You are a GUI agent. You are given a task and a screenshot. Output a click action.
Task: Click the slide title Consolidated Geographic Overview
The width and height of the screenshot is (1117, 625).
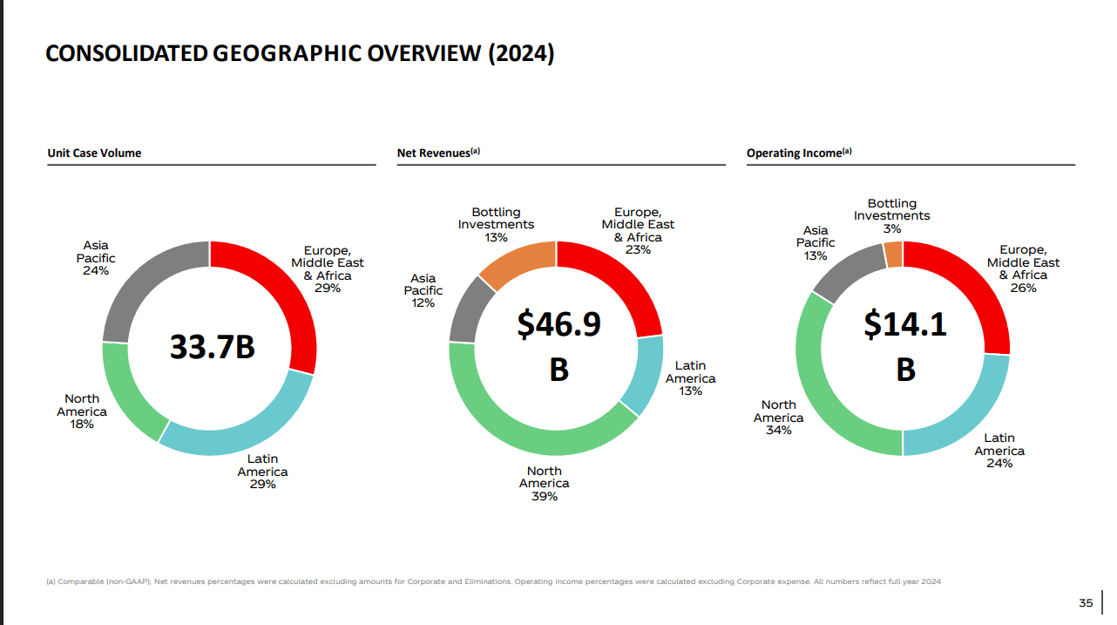coord(299,54)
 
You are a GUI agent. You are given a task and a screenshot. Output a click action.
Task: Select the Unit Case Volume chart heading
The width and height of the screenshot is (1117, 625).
coord(94,153)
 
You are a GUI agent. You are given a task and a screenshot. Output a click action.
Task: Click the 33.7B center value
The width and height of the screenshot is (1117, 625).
coord(212,347)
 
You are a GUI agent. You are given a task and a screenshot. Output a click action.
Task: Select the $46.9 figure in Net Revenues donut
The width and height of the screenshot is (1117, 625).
coord(558,324)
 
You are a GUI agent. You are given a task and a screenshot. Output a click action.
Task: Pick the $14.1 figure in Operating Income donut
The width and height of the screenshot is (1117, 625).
coord(905,324)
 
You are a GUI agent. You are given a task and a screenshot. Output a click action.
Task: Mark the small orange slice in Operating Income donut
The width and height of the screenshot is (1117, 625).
coord(893,254)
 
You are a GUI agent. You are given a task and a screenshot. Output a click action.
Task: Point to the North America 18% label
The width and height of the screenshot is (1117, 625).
coord(82,411)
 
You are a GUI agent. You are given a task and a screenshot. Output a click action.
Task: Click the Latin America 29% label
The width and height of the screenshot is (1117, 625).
coord(262,472)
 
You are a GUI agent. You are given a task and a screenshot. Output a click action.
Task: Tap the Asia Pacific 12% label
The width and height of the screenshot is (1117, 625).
coord(423,290)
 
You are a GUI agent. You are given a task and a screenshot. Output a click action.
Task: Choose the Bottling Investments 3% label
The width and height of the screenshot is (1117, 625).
coord(891,216)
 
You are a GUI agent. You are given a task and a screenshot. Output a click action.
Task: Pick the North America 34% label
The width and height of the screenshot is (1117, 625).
coord(778,418)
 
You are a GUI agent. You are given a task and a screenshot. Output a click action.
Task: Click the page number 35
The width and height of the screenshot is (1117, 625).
coord(1086,603)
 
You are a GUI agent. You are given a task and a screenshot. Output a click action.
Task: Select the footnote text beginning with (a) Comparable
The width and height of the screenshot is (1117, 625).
coord(492,581)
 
